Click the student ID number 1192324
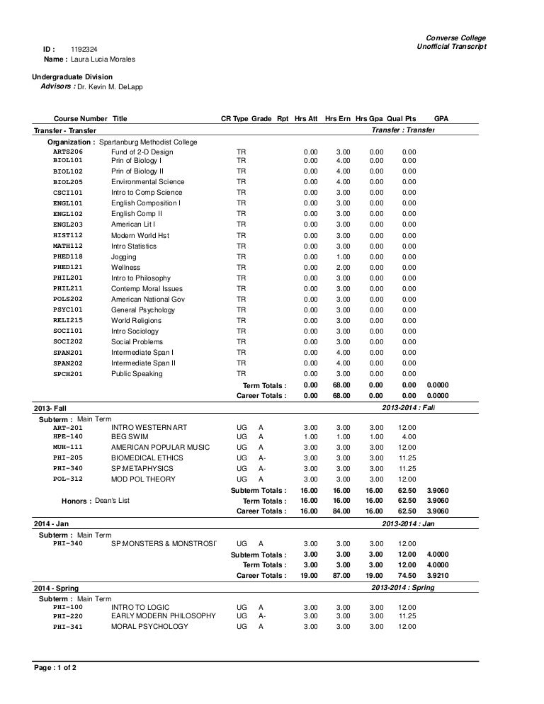(x=84, y=48)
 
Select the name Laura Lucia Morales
(x=103, y=59)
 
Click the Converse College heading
(x=455, y=37)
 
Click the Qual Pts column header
(x=402, y=118)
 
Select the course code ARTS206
(x=68, y=152)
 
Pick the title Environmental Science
(x=147, y=182)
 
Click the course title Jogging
(x=124, y=257)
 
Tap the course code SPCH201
(x=68, y=374)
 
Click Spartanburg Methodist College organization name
(x=148, y=142)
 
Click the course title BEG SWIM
(x=131, y=437)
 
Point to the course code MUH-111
(x=68, y=448)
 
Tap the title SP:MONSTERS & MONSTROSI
(x=163, y=543)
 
